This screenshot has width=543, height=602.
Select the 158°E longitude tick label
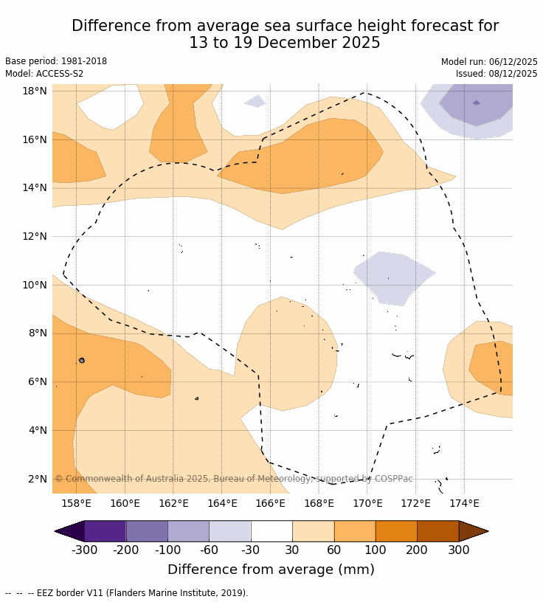76,503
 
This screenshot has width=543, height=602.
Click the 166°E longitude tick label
270,503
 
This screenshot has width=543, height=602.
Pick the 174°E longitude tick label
464,503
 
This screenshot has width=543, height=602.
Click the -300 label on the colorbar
84,550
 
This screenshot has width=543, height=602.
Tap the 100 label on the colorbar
376,550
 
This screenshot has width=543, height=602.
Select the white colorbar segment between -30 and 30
271,531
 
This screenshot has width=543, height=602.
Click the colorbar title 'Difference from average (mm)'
271,570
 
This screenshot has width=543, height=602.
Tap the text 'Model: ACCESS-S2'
44,74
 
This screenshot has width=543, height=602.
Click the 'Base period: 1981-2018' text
56,61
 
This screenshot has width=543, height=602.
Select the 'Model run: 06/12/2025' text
489,62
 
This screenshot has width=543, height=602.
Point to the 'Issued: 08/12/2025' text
497,74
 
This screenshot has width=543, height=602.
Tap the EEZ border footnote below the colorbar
126,593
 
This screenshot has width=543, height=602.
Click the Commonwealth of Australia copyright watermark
234,479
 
